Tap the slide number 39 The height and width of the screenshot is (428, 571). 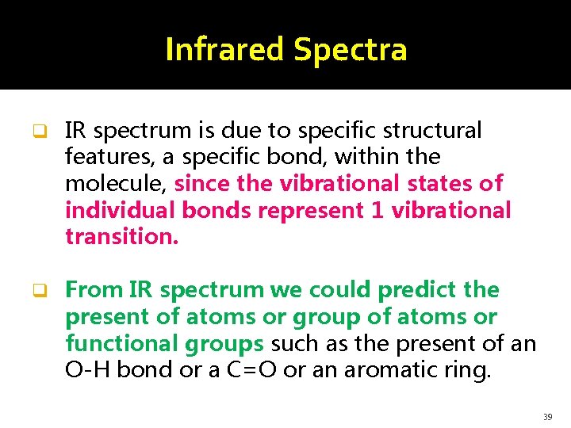(x=548, y=416)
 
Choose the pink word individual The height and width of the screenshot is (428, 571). (x=120, y=211)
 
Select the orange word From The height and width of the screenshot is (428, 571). (x=93, y=290)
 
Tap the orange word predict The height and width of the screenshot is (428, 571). (x=421, y=290)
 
